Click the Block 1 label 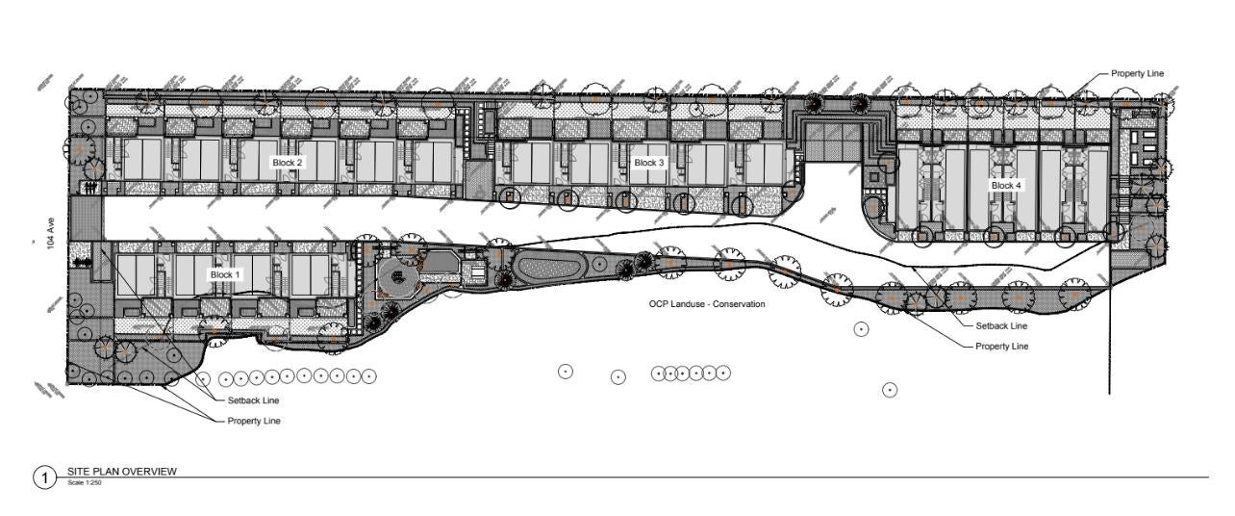[225, 274]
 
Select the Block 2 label [287, 163]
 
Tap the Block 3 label [649, 163]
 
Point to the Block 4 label [1006, 185]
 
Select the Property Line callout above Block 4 [1137, 73]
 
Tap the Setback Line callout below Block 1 [253, 400]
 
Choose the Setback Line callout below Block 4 [1001, 326]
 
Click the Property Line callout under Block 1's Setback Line [254, 422]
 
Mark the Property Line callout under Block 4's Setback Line [1002, 347]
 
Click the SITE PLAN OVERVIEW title [121, 471]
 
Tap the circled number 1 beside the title [44, 477]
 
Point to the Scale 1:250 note [84, 482]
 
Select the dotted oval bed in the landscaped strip [548, 267]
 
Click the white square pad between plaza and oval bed [478, 272]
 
